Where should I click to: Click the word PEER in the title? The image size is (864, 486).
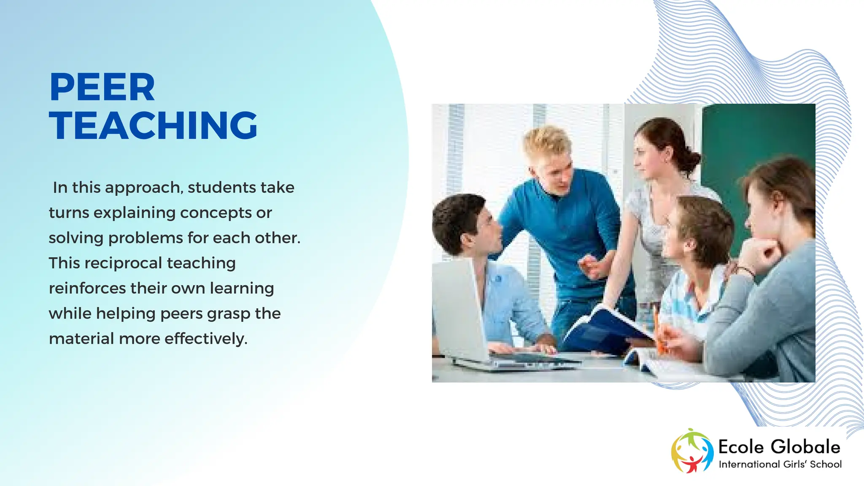(x=102, y=87)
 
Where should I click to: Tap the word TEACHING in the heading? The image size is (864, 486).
(x=153, y=125)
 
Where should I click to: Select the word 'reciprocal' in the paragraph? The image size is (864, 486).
(x=123, y=263)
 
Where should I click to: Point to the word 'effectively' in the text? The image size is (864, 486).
(x=205, y=339)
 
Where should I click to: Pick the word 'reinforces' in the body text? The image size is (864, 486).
(x=87, y=289)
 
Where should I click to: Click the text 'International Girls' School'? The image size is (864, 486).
(x=780, y=464)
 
